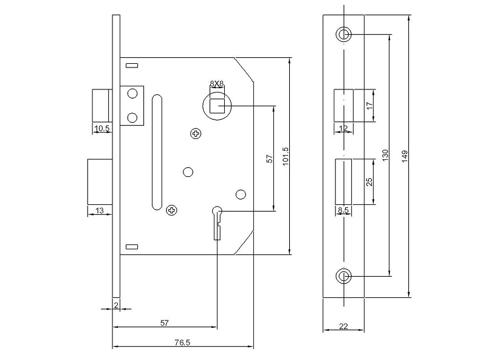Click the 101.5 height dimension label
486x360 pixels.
coord(286,156)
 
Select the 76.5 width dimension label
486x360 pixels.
coord(182,342)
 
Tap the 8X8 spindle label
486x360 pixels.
coord(217,83)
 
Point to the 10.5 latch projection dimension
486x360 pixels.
coord(102,128)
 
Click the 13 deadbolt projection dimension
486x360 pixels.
coord(99,211)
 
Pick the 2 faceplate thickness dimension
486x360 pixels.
coord(116,305)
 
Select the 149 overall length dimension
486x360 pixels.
coord(405,157)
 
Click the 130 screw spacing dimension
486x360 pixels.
coord(385,155)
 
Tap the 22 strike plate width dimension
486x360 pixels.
coord(343,326)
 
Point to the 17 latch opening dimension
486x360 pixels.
coord(369,105)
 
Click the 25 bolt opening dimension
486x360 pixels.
coord(369,182)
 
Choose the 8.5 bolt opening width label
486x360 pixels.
coord(343,210)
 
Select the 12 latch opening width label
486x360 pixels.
coord(343,128)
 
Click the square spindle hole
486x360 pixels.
coord(217,106)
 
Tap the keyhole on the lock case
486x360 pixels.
coord(217,223)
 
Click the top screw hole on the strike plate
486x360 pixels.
coord(343,34)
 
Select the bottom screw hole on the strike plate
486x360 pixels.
coord(343,276)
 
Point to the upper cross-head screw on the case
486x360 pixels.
coord(196,134)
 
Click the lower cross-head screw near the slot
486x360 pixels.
coord(172,210)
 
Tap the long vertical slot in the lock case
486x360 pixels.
coord(157,152)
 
